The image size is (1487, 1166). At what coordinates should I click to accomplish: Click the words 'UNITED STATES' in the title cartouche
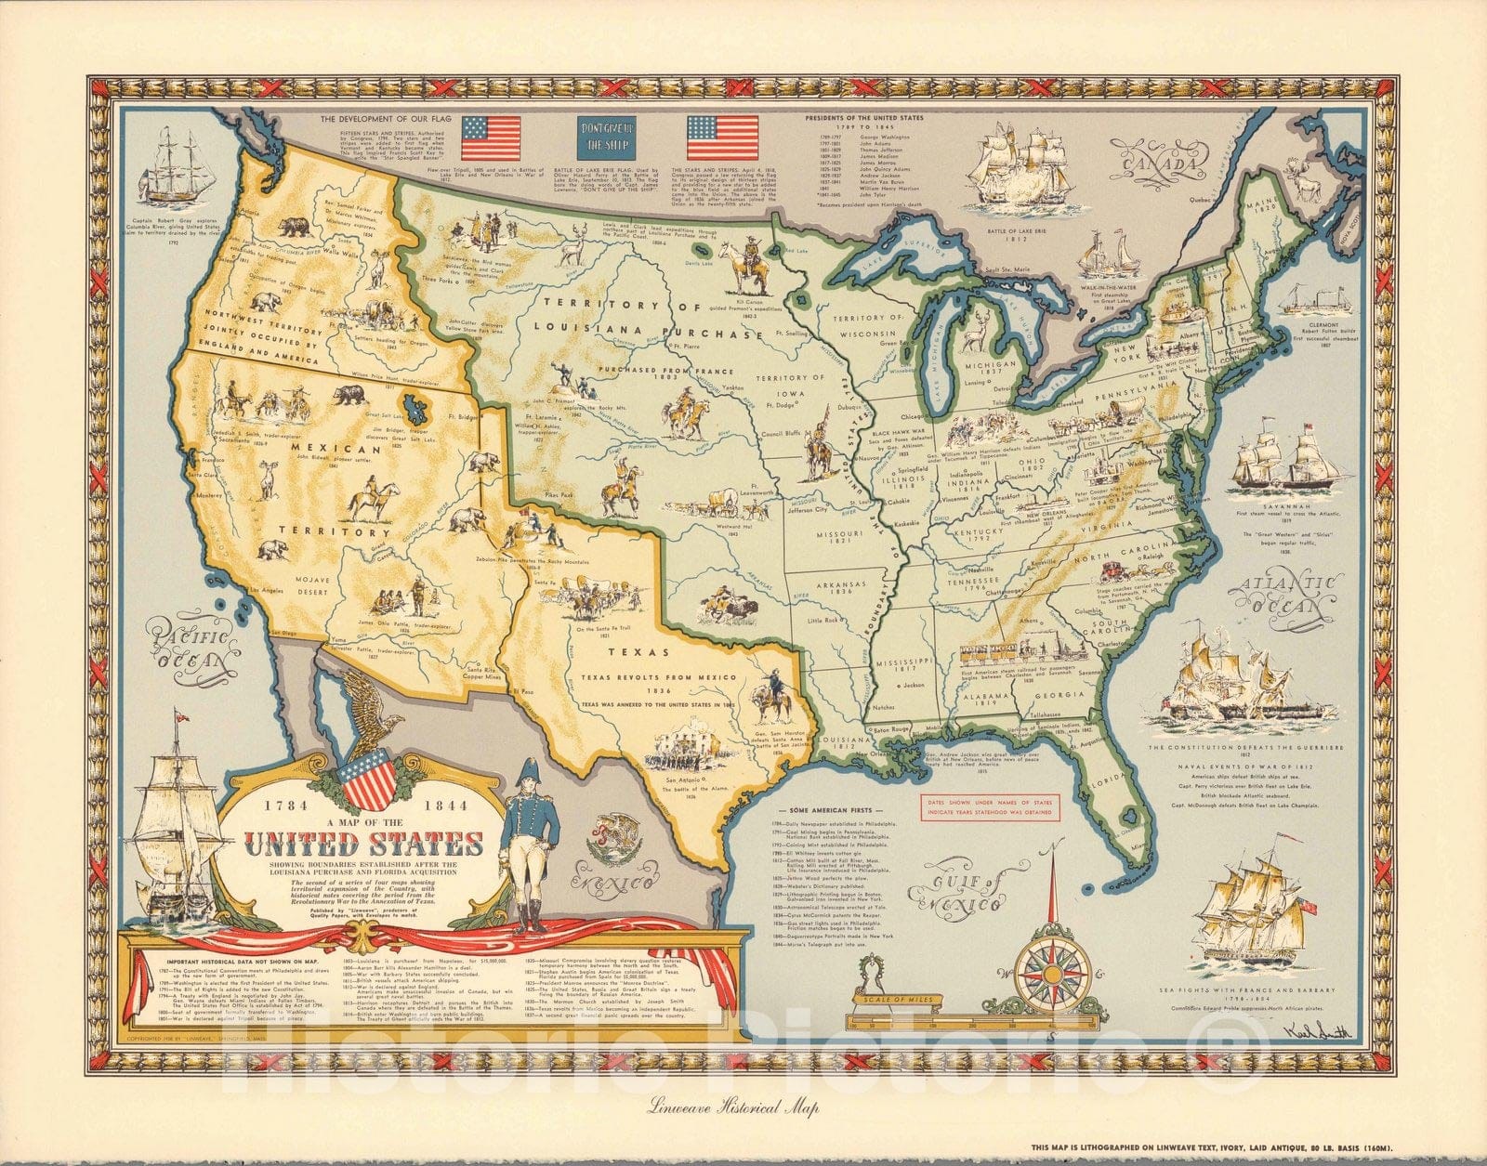(x=363, y=845)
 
